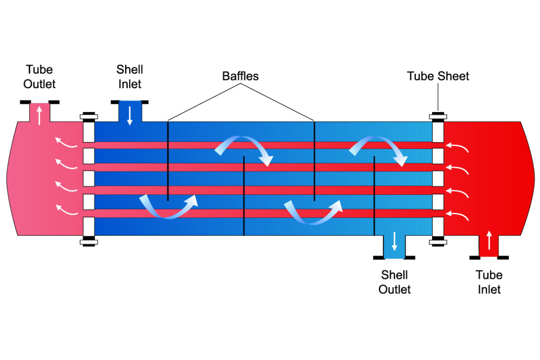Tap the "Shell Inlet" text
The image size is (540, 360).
(130, 77)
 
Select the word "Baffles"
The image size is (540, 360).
(240, 76)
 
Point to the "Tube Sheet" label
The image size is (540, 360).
(438, 76)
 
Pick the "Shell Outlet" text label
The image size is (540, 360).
(395, 282)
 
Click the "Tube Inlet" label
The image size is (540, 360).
(489, 282)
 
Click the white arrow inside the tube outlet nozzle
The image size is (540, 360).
(39, 115)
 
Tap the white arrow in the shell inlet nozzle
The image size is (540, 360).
(130, 115)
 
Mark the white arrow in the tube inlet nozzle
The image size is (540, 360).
(489, 240)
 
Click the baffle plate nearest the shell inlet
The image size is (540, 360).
(168, 161)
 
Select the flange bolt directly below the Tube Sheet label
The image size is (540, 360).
(438, 116)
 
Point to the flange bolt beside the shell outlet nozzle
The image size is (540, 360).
(438, 241)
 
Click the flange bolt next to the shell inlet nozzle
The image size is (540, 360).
(88, 116)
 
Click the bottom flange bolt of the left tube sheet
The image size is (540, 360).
(88, 241)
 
